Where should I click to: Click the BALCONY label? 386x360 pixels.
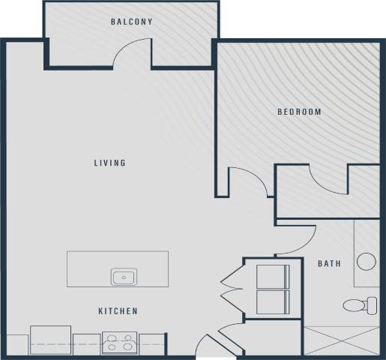coord(132,22)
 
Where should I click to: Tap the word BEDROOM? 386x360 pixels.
coord(299,112)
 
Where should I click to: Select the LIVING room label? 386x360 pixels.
coord(109,163)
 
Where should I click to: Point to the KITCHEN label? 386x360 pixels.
coord(118,310)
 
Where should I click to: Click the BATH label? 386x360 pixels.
coord(330,263)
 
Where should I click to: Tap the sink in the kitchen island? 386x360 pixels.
coord(124,277)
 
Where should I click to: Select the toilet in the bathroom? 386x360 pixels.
coord(361,305)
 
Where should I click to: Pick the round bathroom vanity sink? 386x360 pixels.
coord(367,262)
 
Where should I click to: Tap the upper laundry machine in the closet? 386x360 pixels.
coord(272,276)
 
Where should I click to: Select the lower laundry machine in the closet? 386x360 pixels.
coord(272,302)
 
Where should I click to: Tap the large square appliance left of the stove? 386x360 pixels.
coord(50,340)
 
